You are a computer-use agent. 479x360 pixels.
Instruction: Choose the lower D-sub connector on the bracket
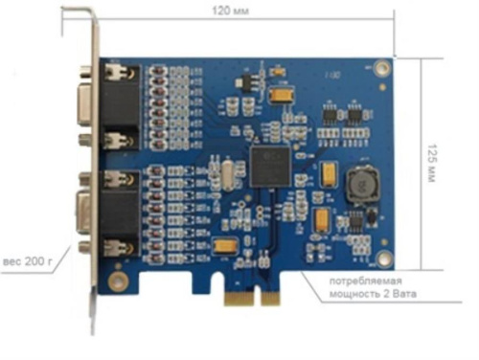[x=108, y=209]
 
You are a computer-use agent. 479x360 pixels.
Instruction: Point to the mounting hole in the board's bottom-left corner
[x=118, y=282]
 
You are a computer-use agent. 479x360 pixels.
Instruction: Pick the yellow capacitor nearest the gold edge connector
[x=226, y=247]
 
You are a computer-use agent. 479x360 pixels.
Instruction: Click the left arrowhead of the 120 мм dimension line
[x=62, y=11]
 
